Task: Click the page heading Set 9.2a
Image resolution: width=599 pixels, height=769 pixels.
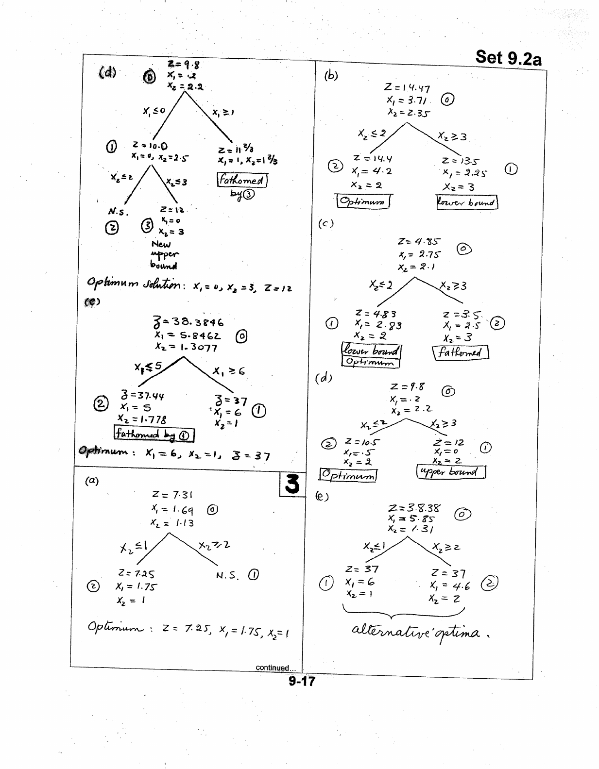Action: point(508,57)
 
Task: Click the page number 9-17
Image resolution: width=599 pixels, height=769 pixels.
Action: point(301,681)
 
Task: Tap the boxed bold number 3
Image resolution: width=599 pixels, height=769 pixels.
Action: point(291,484)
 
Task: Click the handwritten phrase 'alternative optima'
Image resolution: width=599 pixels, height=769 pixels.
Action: point(415,633)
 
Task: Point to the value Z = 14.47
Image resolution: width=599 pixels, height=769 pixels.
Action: point(407,88)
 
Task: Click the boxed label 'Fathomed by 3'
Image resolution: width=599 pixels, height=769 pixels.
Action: point(242,186)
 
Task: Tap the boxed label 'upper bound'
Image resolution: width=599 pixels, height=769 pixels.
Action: point(451,472)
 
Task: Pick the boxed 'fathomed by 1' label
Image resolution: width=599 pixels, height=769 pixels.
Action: point(154,434)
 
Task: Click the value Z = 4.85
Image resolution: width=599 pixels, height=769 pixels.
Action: point(419,241)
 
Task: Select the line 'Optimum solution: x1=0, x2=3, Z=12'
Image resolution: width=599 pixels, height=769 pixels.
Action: point(189,283)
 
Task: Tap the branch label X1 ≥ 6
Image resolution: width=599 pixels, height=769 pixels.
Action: point(229,371)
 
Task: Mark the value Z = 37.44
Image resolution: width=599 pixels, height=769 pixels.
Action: point(142,396)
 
